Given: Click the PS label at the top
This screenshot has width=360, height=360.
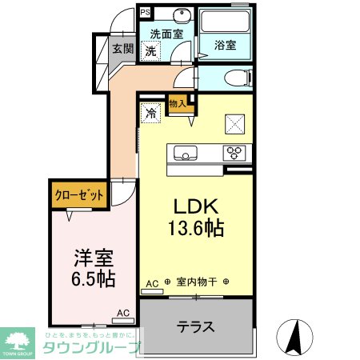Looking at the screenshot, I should (x=145, y=13).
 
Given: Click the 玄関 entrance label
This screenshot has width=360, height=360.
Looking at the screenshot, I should (x=123, y=48).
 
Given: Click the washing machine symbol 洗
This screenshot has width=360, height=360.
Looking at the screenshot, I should (x=150, y=50).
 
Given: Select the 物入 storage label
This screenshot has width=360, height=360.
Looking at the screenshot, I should (x=178, y=103).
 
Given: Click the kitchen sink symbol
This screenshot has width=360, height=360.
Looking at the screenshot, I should (x=183, y=152).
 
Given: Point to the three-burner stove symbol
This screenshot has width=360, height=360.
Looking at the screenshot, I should (x=236, y=152).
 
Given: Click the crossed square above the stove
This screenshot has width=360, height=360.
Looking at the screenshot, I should (x=236, y=123).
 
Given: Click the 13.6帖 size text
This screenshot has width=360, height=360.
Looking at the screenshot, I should (x=196, y=228).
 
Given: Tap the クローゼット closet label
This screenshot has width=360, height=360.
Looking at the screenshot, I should (x=79, y=195).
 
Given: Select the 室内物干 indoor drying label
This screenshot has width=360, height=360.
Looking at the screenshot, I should (x=197, y=282).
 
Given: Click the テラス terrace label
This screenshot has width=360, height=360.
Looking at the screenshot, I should (x=195, y=326).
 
